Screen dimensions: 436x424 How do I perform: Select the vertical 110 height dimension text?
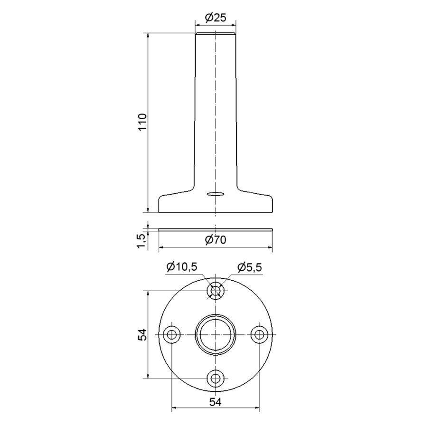(143, 123)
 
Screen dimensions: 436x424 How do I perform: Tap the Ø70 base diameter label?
(216, 240)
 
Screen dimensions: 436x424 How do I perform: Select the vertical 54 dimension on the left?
(142, 334)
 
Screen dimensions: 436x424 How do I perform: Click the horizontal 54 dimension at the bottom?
(215, 402)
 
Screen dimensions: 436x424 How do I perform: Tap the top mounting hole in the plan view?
(216, 291)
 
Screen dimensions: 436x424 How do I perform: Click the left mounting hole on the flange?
(171, 335)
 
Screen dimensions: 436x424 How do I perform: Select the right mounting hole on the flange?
(259, 335)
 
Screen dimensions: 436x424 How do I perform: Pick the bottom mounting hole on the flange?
(216, 379)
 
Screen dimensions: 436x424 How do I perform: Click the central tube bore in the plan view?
(216, 335)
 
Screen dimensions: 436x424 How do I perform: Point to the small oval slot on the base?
(215, 194)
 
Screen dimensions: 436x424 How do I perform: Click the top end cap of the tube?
(216, 34)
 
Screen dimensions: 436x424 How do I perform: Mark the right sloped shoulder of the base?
(255, 193)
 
